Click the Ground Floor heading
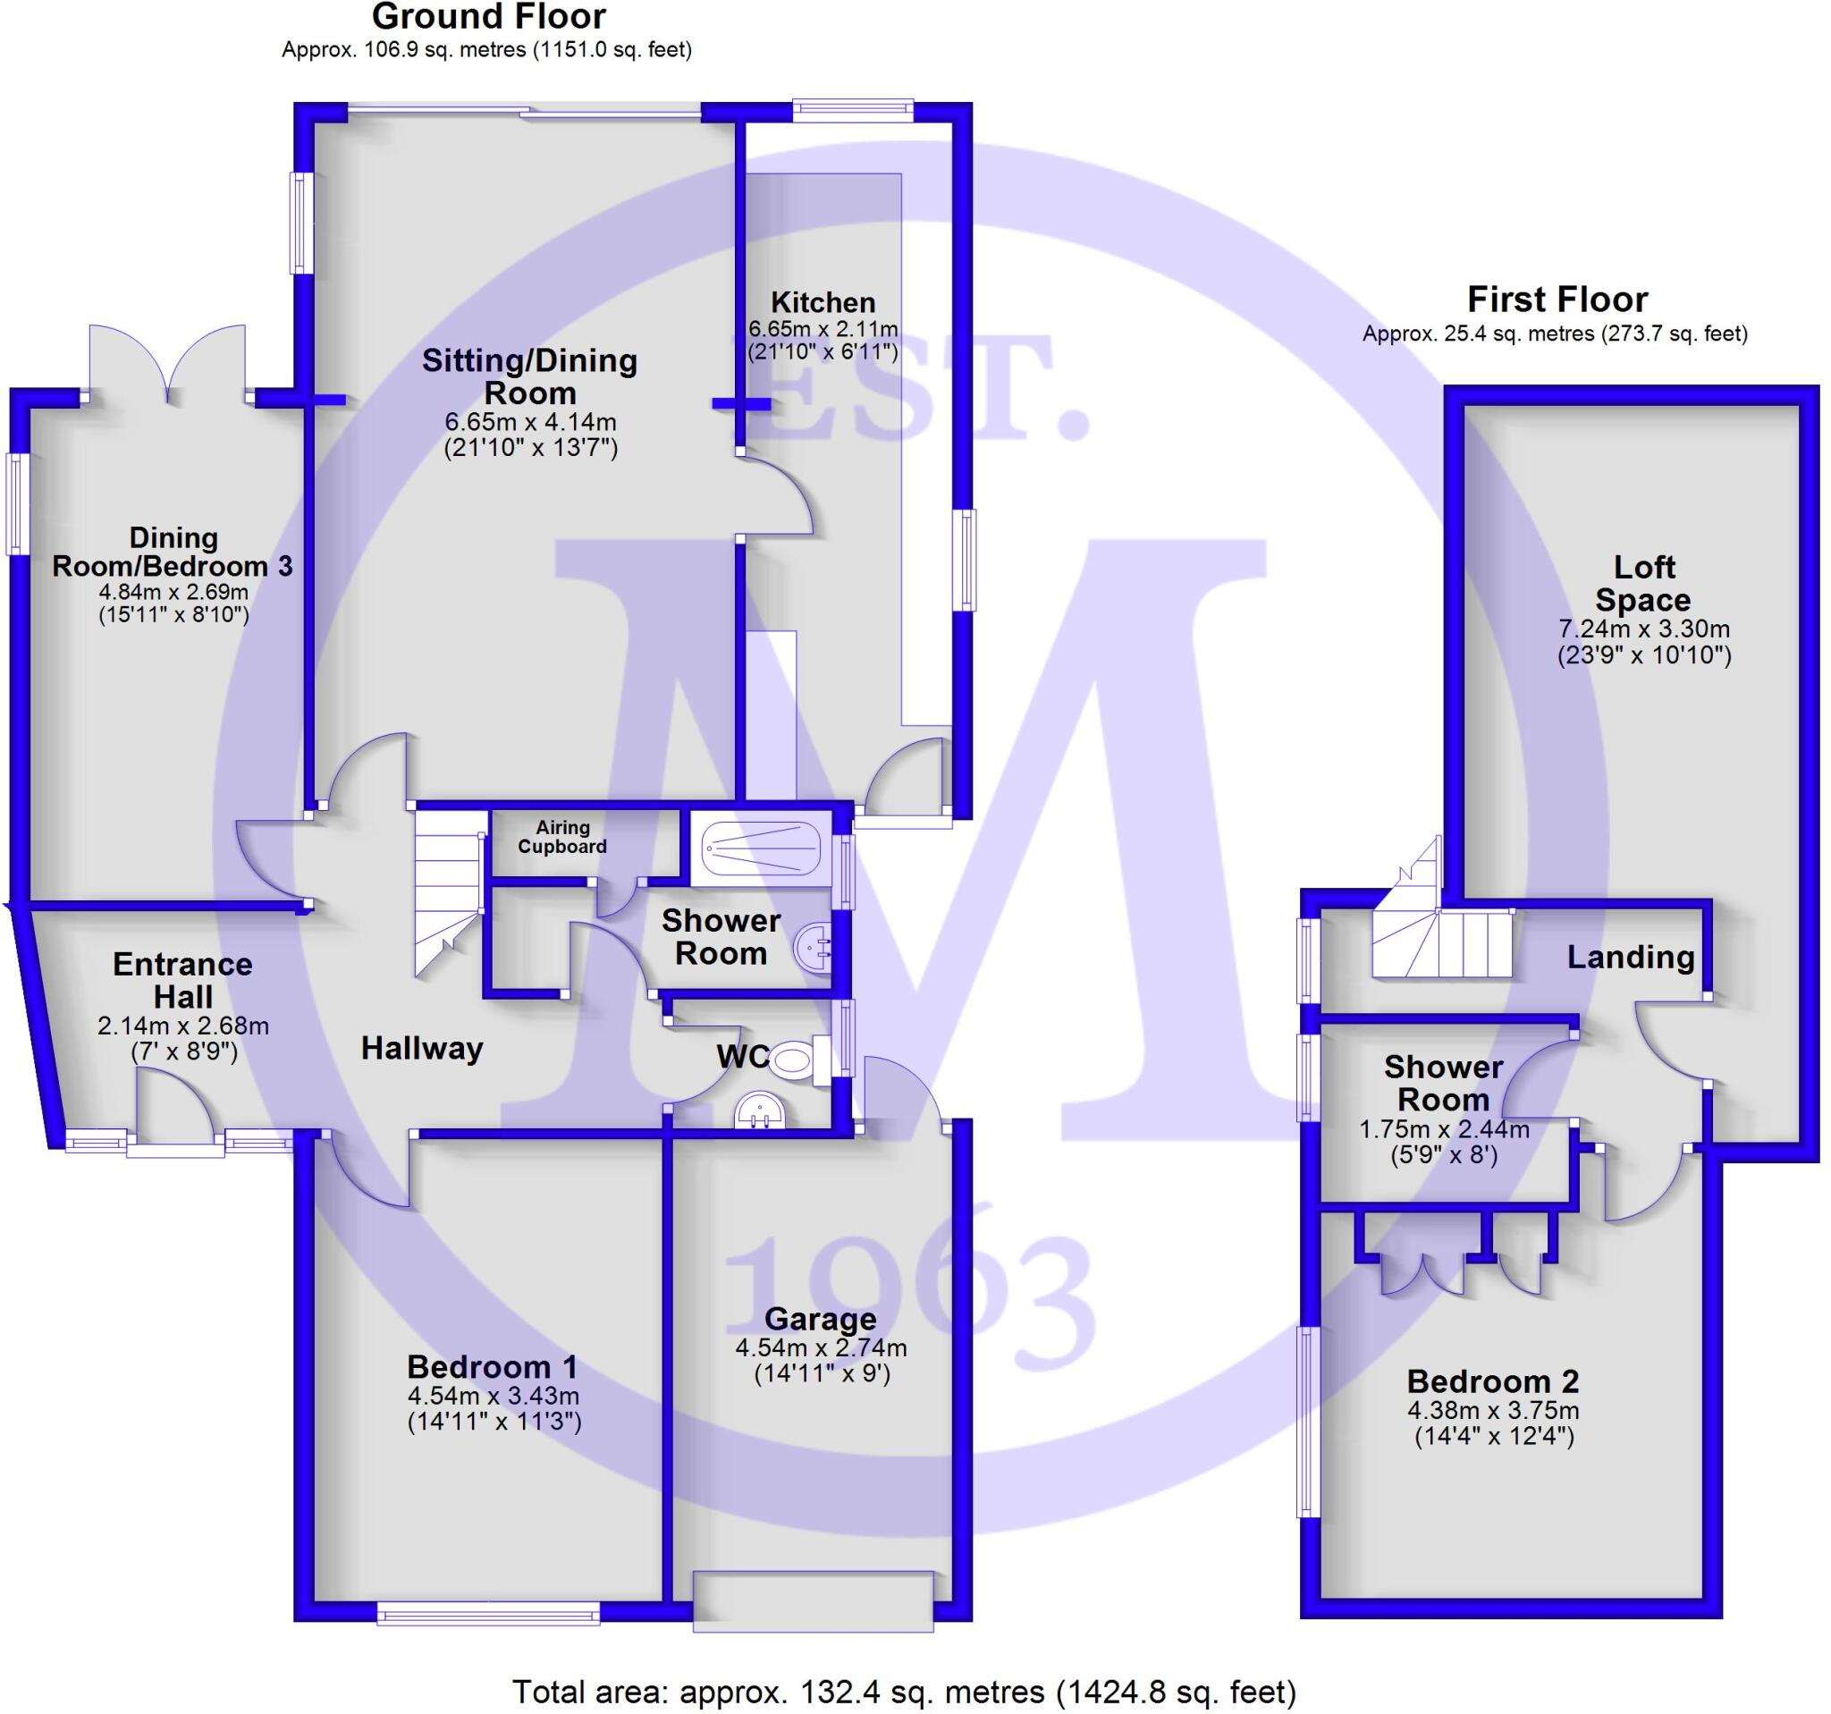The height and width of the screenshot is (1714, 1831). tap(488, 17)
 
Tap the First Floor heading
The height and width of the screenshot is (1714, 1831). tap(1557, 300)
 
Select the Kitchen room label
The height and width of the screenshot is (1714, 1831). tap(823, 302)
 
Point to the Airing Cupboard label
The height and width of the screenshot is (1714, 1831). tap(561, 837)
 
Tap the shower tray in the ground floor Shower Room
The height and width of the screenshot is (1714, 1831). tap(760, 849)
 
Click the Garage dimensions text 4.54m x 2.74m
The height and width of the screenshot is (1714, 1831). tap(821, 1348)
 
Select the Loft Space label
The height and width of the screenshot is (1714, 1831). tap(1643, 583)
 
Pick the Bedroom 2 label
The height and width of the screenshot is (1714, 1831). tap(1493, 1381)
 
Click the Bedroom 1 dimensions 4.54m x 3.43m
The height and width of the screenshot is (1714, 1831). tap(494, 1396)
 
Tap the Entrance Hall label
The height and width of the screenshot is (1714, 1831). tap(182, 980)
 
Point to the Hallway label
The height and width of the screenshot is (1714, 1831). tap(422, 1048)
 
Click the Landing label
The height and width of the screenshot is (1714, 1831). tap(1630, 957)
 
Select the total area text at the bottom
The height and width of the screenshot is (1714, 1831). tap(904, 1692)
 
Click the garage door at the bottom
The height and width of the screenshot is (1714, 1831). tap(814, 1602)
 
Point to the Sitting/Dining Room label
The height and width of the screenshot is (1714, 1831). tap(529, 376)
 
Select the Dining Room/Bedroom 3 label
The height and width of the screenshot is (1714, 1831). tap(173, 552)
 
